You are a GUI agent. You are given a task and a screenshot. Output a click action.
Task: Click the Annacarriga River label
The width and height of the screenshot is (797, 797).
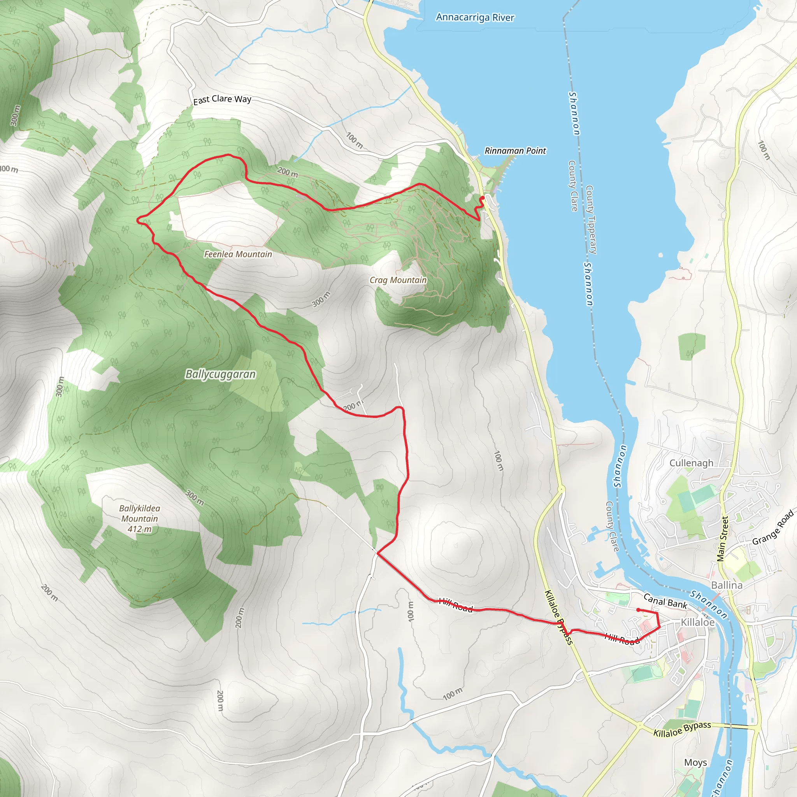tap(475, 18)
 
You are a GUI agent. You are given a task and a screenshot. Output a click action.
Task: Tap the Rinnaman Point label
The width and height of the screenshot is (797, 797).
tap(515, 151)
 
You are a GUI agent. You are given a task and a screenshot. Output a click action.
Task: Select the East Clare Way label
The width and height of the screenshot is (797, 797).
tap(222, 99)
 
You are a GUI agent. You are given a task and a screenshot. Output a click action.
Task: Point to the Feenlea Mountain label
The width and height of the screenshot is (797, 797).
tap(238, 255)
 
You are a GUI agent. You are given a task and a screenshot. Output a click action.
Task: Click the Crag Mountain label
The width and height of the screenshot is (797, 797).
tap(398, 280)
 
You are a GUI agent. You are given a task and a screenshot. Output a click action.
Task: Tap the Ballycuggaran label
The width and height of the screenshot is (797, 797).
tap(220, 374)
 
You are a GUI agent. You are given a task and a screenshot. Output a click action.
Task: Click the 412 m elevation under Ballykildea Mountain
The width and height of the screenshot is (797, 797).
tap(139, 529)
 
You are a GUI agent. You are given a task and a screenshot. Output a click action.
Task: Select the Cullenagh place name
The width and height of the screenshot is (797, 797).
tap(691, 463)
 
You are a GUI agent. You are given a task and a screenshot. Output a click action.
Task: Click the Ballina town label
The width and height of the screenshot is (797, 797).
tap(727, 585)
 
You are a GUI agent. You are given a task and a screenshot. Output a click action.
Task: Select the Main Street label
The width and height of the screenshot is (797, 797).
tap(722, 539)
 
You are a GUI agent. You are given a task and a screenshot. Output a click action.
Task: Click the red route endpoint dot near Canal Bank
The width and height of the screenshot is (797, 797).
tap(638, 610)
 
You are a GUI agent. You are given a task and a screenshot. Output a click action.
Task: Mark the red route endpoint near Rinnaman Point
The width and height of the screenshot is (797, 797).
tap(482, 198)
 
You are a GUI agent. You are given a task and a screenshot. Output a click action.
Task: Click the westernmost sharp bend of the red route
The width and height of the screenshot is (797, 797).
tap(138, 219)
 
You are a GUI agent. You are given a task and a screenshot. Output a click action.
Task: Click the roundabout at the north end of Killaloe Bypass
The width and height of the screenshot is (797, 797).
tap(561, 489)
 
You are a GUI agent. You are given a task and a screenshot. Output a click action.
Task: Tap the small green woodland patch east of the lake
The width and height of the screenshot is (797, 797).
tap(692, 346)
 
